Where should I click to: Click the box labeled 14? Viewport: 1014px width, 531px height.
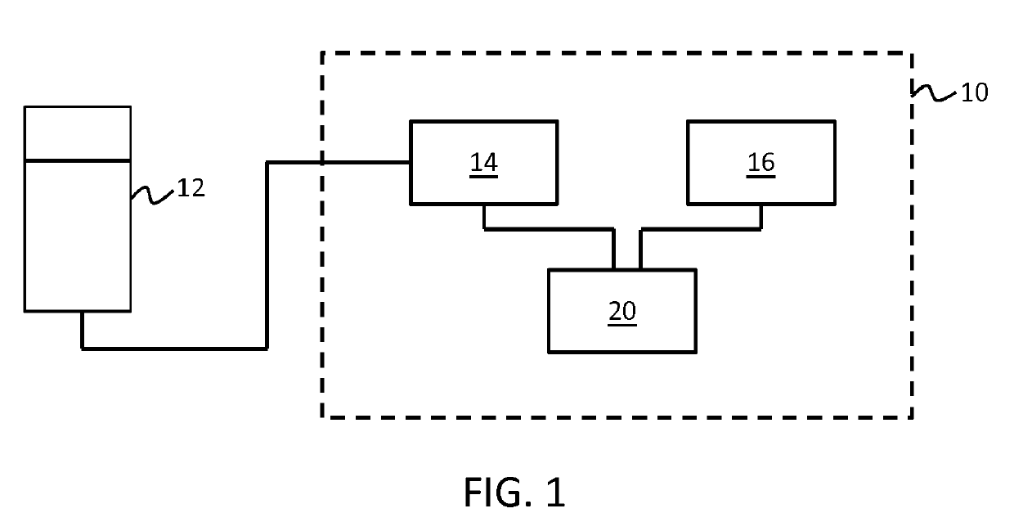(483, 182)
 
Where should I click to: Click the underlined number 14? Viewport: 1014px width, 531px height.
(483, 163)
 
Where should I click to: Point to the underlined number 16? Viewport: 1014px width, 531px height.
(760, 163)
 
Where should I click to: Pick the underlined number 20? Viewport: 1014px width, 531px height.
(621, 312)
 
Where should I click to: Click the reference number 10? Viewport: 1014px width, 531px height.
(973, 92)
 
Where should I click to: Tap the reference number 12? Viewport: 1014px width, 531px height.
(191, 189)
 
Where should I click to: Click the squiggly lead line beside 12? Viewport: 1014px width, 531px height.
(153, 194)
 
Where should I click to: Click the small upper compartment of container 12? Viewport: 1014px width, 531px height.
(78, 133)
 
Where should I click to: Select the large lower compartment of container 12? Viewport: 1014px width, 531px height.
(78, 236)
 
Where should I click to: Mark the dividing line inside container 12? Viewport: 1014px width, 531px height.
(78, 160)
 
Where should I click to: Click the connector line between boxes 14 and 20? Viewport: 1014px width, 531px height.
(548, 230)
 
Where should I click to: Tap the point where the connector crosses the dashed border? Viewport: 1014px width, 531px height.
(322, 163)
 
